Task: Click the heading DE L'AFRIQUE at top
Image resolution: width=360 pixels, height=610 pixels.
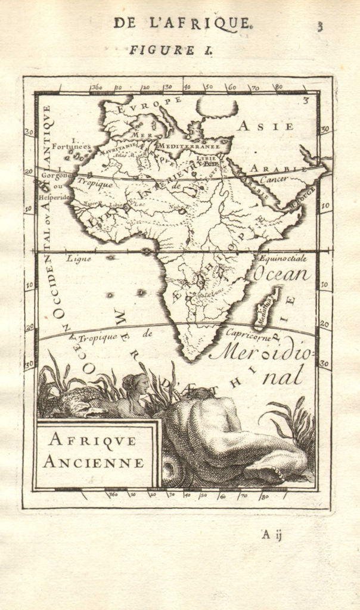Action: [x=183, y=23]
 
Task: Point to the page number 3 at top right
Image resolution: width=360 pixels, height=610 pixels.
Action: [x=320, y=26]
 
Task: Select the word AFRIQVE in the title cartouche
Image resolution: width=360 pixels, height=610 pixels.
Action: [x=92, y=441]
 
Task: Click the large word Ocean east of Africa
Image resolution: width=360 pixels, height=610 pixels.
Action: [x=282, y=275]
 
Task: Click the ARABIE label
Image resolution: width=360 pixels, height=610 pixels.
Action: [x=269, y=169]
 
